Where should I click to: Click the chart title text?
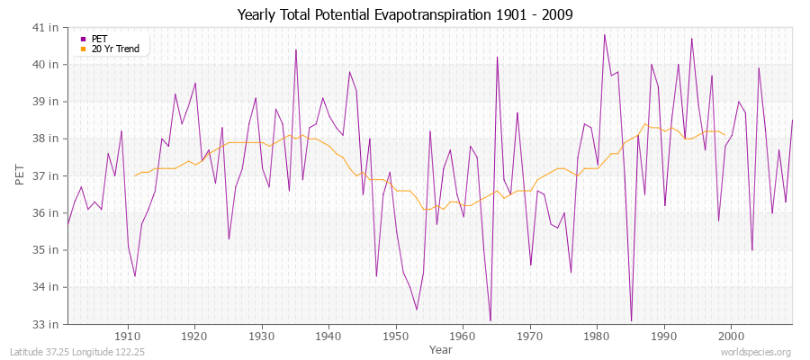(x=405, y=14)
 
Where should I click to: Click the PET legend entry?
(x=99, y=39)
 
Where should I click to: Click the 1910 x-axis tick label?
(x=128, y=335)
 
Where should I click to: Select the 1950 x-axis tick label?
(x=396, y=335)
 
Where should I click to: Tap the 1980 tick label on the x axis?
(x=597, y=335)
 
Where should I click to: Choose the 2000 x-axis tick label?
(x=731, y=335)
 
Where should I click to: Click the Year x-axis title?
(x=441, y=348)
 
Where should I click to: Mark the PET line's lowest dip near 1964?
(x=490, y=319)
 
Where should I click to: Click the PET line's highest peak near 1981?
(x=604, y=35)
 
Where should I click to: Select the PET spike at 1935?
(x=296, y=50)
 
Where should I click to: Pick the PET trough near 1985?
(x=631, y=319)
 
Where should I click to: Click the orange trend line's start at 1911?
(x=135, y=175)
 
